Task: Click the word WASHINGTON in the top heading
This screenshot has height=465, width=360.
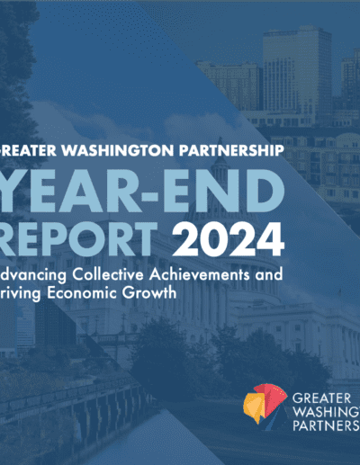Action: pyautogui.click(x=117, y=150)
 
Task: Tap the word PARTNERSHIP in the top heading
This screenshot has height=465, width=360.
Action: pyautogui.click(x=231, y=150)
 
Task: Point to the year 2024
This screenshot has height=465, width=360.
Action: pyautogui.click(x=228, y=240)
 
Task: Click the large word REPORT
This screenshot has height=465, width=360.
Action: pyautogui.click(x=78, y=240)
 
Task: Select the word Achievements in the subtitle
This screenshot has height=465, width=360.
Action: pyautogui.click(x=200, y=274)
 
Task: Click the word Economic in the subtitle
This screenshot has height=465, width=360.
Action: pyautogui.click(x=82, y=292)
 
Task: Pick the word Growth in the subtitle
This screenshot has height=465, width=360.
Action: pyautogui.click(x=149, y=292)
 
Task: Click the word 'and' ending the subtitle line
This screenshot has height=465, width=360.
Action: pyautogui.click(x=269, y=274)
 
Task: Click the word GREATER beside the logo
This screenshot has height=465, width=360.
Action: pyautogui.click(x=321, y=398)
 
